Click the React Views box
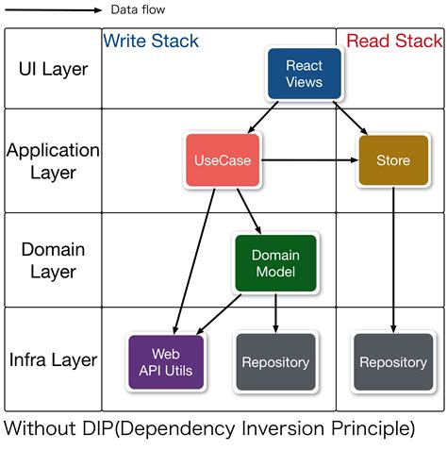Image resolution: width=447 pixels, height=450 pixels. (305, 74)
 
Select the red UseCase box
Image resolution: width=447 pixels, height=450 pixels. (223, 160)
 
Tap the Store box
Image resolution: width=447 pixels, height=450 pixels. (393, 160)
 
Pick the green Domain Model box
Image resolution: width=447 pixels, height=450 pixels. (275, 263)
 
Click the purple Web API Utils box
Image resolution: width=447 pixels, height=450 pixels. (166, 362)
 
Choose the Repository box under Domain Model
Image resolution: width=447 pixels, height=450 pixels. (275, 362)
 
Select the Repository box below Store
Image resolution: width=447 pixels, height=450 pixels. (393, 362)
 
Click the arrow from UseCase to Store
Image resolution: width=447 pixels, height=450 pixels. (309, 160)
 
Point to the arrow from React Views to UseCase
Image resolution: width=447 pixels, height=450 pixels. (263, 117)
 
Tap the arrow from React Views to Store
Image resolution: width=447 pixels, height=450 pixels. (350, 118)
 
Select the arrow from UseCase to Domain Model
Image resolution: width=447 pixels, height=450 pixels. (249, 211)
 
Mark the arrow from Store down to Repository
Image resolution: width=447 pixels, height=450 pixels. (393, 260)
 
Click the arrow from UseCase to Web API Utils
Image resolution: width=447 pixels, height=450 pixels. (194, 261)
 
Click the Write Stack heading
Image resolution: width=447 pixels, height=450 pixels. (151, 41)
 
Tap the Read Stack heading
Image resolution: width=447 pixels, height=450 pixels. (394, 41)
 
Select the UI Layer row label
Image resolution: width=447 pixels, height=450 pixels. (53, 69)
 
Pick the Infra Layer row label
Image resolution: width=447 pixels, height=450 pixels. (53, 359)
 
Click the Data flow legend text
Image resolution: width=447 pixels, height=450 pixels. (138, 9)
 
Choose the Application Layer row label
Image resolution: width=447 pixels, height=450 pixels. (53, 161)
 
